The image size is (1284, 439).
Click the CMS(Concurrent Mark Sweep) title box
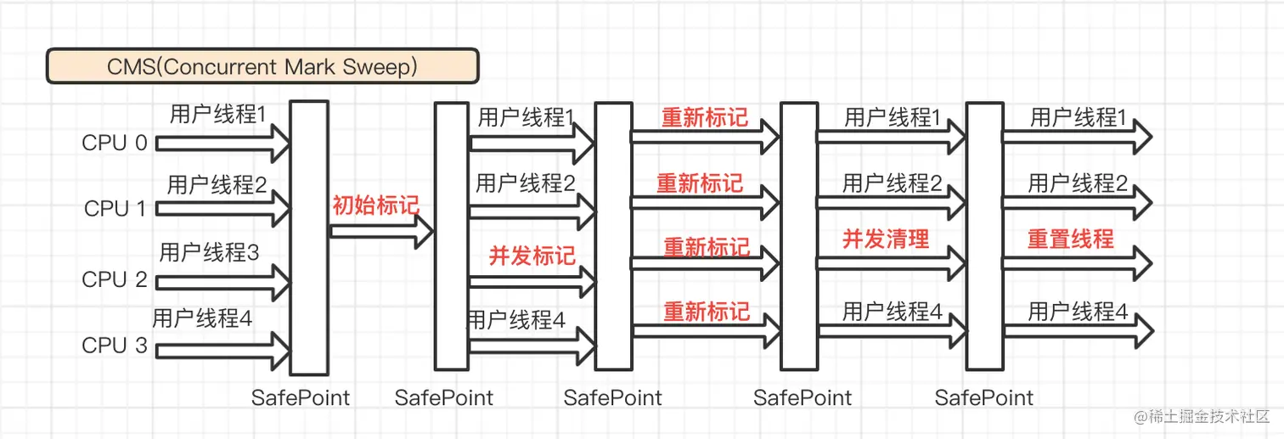262,66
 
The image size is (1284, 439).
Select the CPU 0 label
115,143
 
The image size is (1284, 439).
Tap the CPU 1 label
115,209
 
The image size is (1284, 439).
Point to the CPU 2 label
115,279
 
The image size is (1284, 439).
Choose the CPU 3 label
115,346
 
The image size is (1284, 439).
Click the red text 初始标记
375,205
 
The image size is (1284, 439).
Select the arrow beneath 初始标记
380,231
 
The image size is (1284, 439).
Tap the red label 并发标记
532,256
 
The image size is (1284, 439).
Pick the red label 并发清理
886,239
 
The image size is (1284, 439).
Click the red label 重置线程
1071,239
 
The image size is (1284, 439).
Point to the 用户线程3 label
209,252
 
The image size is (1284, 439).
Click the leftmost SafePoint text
301,397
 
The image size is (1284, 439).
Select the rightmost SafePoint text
984,397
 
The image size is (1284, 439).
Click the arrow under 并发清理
890,263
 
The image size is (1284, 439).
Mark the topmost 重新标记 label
705,117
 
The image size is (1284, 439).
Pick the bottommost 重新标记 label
707,312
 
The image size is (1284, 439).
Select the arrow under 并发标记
532,279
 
